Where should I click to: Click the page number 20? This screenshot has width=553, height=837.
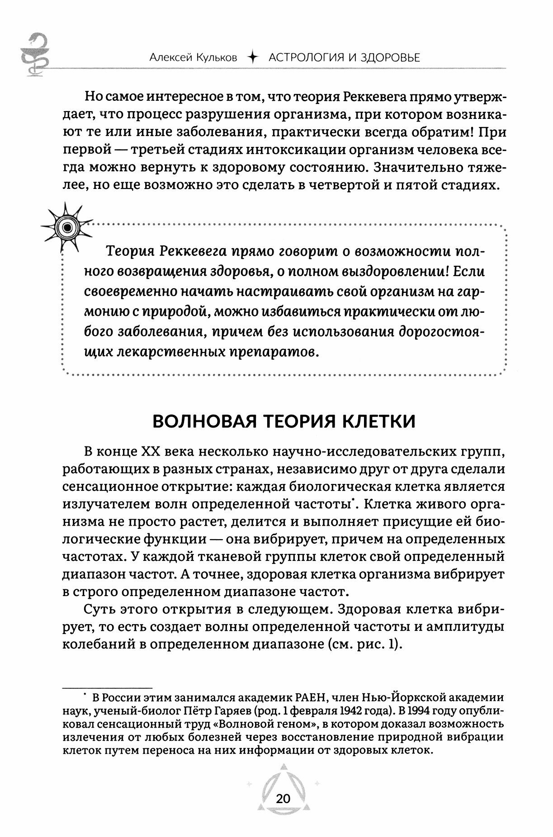(283, 799)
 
